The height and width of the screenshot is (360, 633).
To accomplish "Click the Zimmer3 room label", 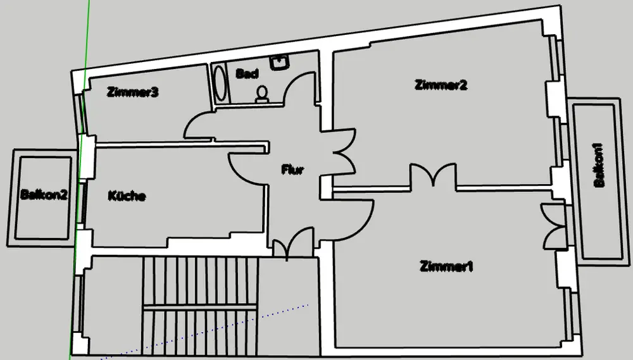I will [132, 92].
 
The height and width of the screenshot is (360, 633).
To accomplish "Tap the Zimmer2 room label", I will [441, 85].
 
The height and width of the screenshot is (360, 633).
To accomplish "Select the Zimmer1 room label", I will [446, 266].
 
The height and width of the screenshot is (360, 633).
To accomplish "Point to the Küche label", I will [127, 196].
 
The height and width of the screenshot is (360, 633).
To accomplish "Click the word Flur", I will [293, 170].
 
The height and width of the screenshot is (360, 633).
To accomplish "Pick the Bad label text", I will [247, 74].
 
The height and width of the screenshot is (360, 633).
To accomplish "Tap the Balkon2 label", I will [43, 195].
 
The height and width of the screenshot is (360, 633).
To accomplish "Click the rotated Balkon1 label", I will [598, 166].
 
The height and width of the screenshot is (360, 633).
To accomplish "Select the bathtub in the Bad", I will [220, 84].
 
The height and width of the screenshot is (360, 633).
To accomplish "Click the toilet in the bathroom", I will [262, 94].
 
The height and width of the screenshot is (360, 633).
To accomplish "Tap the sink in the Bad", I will [279, 62].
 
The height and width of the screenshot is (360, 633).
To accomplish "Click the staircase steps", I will [199, 304].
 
